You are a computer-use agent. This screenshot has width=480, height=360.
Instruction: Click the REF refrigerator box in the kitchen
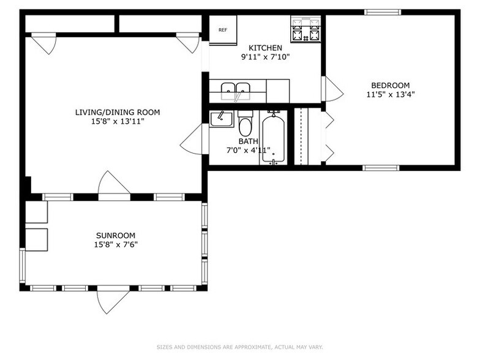[223, 29]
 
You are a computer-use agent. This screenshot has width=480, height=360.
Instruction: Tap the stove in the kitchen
[306, 29]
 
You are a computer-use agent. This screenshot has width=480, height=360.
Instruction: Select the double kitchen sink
[236, 91]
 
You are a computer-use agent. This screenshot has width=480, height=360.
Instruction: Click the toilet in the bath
[246, 124]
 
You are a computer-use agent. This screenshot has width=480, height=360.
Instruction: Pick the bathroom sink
[220, 119]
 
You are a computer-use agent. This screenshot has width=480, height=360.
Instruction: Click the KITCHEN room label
[265, 48]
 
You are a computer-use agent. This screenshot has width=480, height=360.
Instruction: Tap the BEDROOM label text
[390, 85]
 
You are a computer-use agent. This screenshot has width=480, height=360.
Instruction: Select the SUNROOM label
[116, 235]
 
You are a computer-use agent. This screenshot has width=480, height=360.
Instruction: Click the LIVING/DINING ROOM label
[118, 112]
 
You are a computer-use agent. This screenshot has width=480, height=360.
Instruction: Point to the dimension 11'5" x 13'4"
[390, 94]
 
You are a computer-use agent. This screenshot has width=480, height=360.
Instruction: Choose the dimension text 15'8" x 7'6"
[116, 244]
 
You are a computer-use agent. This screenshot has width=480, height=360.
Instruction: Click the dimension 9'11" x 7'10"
[265, 57]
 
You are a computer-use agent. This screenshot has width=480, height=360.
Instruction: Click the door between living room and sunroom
[114, 185]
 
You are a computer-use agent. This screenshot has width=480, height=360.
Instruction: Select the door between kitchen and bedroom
[332, 89]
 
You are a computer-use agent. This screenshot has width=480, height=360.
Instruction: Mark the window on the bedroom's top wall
[383, 12]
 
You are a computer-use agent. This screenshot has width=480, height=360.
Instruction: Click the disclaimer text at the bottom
[239, 347]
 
